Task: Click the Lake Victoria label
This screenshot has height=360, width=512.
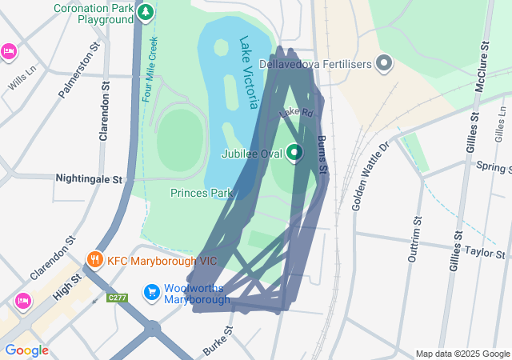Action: point(249,71)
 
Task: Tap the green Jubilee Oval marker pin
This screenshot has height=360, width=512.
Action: point(294,151)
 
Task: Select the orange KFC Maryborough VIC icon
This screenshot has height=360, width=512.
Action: point(95,260)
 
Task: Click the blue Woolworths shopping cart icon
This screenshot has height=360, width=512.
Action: point(151,294)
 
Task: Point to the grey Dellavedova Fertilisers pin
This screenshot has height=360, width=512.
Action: point(384,62)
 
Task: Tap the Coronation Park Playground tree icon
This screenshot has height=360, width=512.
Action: point(145,12)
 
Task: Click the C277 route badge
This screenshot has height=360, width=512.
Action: point(118,298)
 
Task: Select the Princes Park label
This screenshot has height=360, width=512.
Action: point(202,193)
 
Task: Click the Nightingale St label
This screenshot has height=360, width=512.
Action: point(88,180)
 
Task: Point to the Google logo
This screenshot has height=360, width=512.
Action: point(26,350)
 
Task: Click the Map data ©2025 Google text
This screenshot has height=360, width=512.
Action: point(462,354)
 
